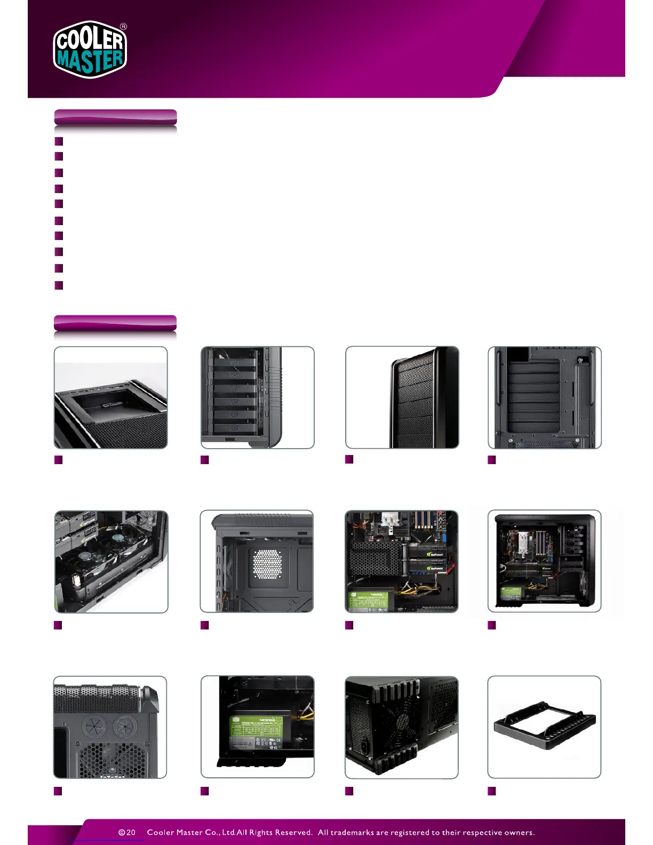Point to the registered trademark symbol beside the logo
pos(124,26)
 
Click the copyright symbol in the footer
pos(122,832)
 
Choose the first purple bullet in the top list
pos(59,141)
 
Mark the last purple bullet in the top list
pos(59,285)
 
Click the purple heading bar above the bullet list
pos(115,117)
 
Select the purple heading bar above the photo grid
pos(115,323)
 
